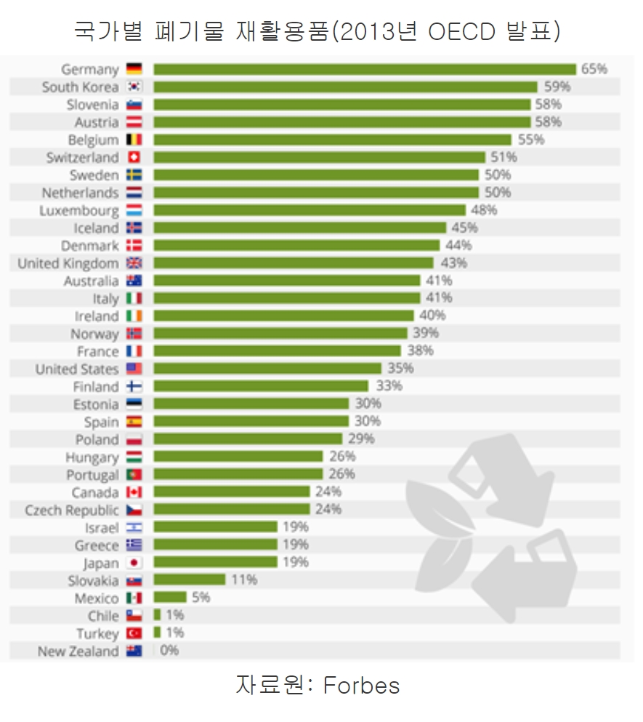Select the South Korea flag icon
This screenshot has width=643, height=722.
134,87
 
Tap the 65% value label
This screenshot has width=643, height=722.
594,69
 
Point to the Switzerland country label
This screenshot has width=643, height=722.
82,157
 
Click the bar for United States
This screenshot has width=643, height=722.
267,369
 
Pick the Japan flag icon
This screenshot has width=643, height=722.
134,563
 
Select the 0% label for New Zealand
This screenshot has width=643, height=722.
169,651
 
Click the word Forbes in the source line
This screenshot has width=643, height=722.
361,685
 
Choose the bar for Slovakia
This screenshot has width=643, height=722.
190,580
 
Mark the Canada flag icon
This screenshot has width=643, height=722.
134,492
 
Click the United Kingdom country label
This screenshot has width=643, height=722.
68,263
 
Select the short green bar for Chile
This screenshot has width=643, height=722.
157,615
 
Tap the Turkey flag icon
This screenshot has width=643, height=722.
134,633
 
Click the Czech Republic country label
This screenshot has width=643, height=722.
71,510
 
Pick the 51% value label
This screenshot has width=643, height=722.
504,157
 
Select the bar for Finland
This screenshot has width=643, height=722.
261,386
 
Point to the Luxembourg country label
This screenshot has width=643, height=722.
79,210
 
